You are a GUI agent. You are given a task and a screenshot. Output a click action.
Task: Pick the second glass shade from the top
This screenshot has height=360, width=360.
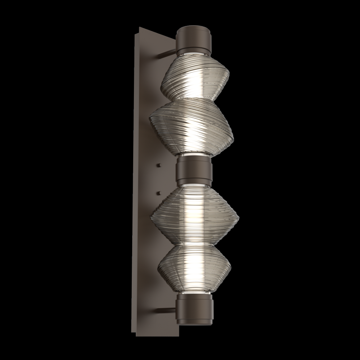192,124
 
